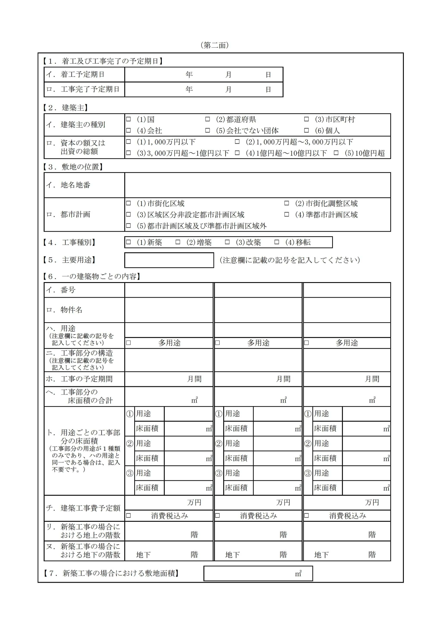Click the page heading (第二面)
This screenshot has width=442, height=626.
[215, 45]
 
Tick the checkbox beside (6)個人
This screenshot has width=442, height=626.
[306, 130]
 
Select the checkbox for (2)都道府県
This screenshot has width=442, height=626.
[208, 119]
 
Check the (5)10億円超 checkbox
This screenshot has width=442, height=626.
[336, 153]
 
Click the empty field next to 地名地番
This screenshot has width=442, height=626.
[257, 185]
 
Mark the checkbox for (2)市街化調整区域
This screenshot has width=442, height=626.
[286, 203]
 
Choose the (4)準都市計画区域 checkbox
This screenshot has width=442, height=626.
[286, 214]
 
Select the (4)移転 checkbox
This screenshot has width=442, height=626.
[277, 242]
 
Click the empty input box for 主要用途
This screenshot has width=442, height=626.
[169, 260]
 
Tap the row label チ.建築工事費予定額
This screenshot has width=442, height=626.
[83, 508]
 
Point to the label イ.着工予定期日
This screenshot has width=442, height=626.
[76, 75]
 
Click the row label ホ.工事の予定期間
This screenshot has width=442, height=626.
[79, 379]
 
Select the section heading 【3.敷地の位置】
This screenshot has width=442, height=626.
[73, 167]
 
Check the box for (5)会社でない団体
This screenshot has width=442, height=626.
[208, 130]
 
